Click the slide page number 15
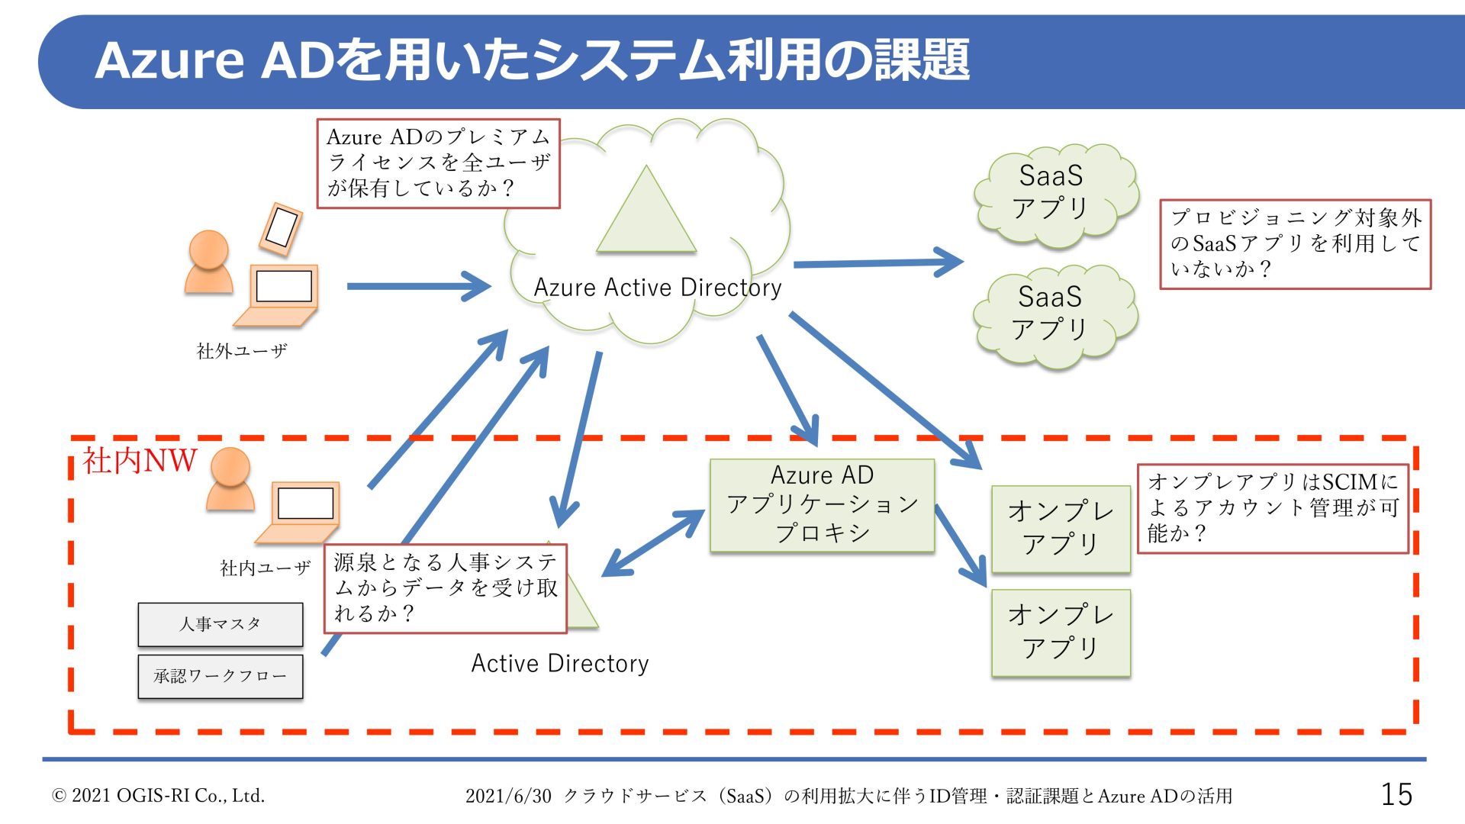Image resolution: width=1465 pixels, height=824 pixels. click(x=1396, y=794)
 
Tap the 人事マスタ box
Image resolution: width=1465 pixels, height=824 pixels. click(x=220, y=624)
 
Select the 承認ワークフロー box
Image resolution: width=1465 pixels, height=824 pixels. click(x=220, y=676)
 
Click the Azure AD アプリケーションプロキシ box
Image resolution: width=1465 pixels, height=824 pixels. click(x=822, y=505)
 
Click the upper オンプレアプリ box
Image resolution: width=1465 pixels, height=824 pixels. click(x=1061, y=528)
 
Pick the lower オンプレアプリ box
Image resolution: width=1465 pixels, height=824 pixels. click(x=1061, y=632)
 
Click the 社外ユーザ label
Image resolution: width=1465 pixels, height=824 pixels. click(x=242, y=351)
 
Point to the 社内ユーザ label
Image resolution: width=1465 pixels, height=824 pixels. click(x=265, y=568)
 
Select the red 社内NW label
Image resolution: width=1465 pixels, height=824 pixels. click(x=139, y=461)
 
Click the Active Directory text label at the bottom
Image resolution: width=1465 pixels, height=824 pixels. click(x=559, y=664)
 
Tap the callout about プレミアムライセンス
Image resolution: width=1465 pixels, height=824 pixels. click(x=438, y=163)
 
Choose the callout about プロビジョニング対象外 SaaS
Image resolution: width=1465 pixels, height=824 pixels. click(x=1295, y=244)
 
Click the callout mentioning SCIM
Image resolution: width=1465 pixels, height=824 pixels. click(x=1272, y=508)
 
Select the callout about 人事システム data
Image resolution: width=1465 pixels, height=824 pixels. click(x=445, y=588)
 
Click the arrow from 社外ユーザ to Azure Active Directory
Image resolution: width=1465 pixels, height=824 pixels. click(x=418, y=287)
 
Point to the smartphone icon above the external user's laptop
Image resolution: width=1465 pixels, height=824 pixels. click(x=281, y=228)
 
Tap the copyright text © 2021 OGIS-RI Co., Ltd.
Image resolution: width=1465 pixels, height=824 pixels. click(x=158, y=796)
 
